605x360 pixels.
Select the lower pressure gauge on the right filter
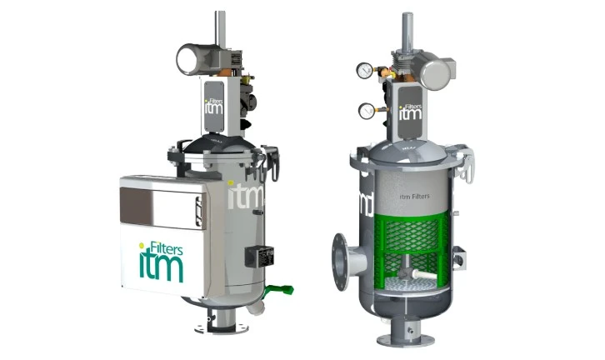[366, 111]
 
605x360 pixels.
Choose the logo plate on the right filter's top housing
[409, 112]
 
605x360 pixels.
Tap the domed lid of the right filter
[411, 150]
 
